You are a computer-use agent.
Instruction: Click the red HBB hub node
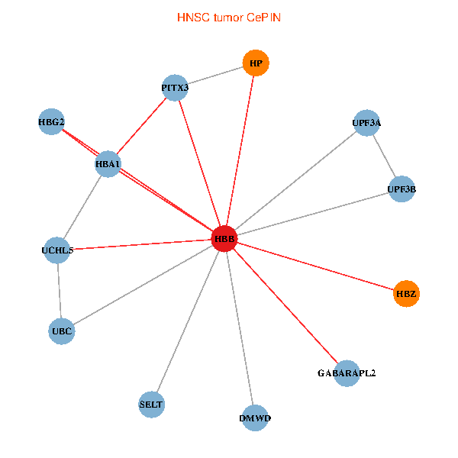[x=224, y=239]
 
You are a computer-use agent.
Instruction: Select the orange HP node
[x=256, y=63]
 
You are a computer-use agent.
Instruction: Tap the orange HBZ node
[x=407, y=293]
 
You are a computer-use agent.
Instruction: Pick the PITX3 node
[x=175, y=88]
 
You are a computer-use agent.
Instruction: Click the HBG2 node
[x=51, y=122]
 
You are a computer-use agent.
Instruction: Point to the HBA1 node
[x=108, y=163]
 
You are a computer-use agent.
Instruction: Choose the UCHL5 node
[x=57, y=250]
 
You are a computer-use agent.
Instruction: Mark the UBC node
[x=61, y=331]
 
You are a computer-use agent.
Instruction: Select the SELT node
[x=151, y=404]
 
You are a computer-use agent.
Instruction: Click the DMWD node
[x=255, y=418]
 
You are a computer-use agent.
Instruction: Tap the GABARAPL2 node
[x=347, y=373]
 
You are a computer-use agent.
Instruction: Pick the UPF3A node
[x=366, y=122]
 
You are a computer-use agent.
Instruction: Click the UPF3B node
[x=402, y=189]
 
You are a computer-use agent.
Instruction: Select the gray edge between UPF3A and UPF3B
[x=384, y=156]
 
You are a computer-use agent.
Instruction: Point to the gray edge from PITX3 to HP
[x=215, y=76]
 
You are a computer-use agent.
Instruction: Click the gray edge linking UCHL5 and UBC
[x=59, y=290]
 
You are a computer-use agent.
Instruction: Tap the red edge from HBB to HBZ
[x=315, y=266]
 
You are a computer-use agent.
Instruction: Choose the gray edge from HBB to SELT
[x=188, y=321]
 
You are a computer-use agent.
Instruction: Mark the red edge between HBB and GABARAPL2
[x=285, y=306]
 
